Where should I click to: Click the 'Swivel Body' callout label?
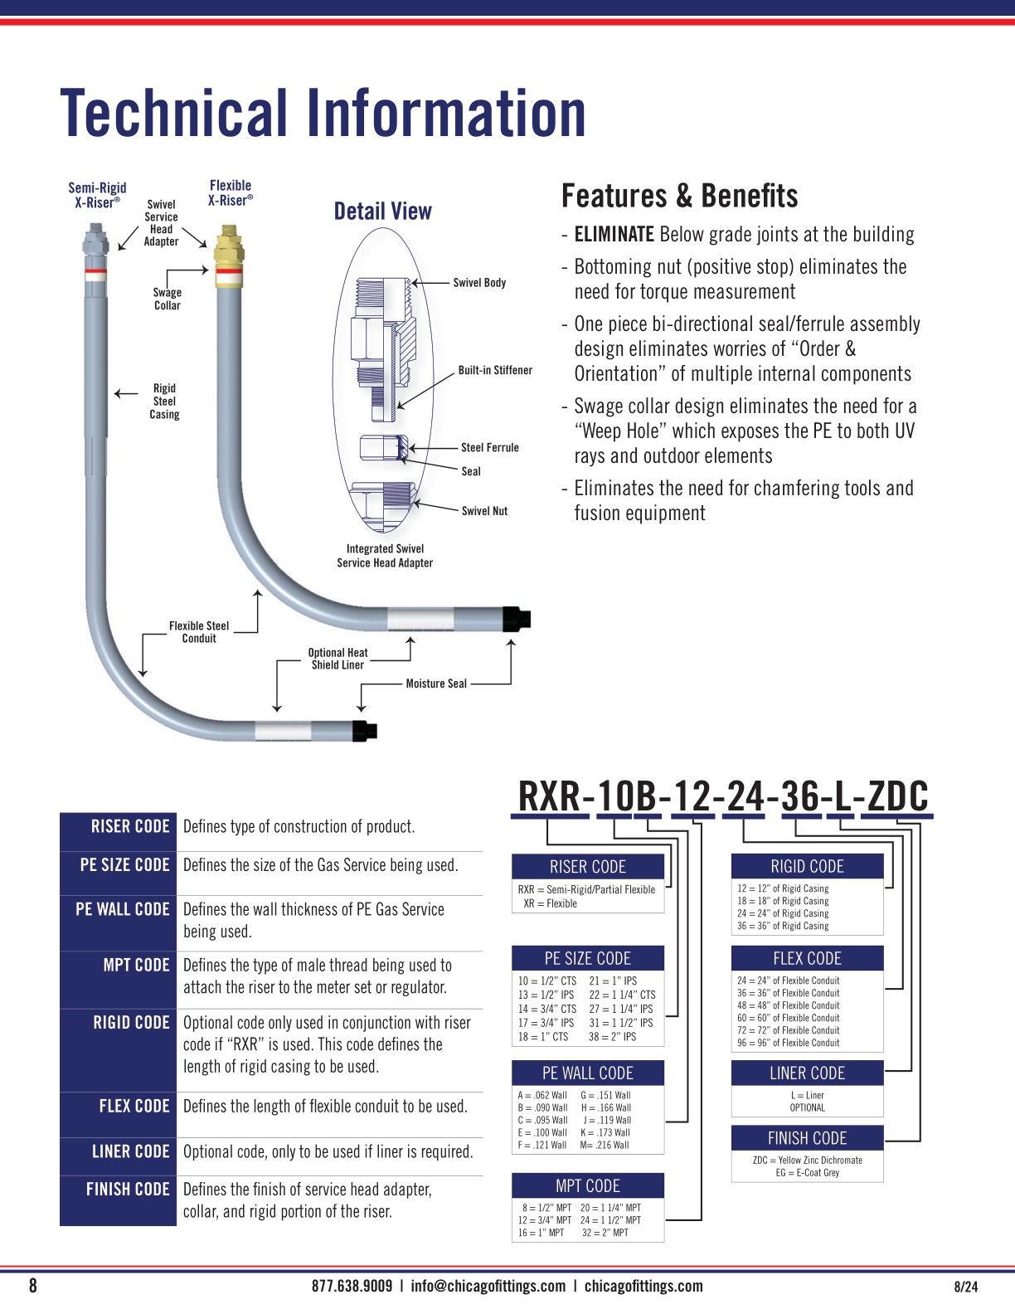(x=479, y=283)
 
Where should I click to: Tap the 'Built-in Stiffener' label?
(x=495, y=370)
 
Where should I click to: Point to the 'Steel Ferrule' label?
(x=489, y=447)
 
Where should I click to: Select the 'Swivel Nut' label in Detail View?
(x=484, y=511)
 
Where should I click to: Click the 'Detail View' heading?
(x=382, y=212)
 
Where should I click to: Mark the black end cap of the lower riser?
(x=365, y=731)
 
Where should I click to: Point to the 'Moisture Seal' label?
(x=436, y=684)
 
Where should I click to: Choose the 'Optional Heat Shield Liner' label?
(x=338, y=659)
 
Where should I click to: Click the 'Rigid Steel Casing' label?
(x=164, y=401)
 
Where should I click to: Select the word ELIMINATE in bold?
(x=614, y=235)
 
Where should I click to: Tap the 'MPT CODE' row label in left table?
(x=136, y=965)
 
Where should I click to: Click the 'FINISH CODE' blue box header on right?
(x=807, y=1138)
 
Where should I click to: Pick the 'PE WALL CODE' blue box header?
(x=587, y=1073)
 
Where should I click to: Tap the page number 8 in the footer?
(x=33, y=1286)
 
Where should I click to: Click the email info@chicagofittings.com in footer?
(x=488, y=1287)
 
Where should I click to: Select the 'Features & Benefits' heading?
(x=679, y=196)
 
